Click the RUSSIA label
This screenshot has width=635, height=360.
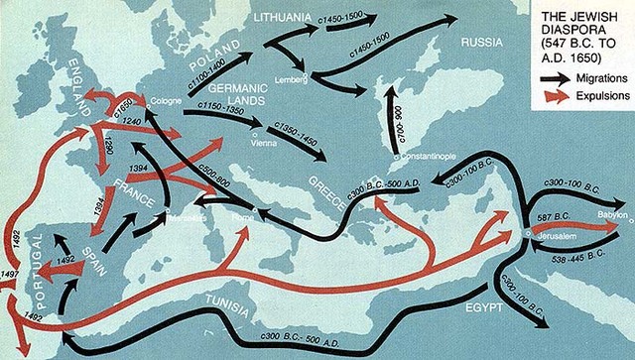[486, 44]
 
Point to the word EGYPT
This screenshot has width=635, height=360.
[485, 308]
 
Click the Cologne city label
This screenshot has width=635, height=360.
[163, 101]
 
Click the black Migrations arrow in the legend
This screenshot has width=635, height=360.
[556, 75]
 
